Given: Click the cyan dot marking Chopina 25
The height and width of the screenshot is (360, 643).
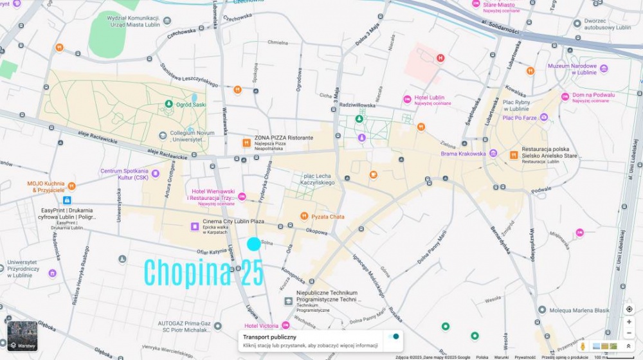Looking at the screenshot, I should [x=254, y=244].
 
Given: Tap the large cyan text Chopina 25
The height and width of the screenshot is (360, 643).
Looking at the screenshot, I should [x=203, y=273].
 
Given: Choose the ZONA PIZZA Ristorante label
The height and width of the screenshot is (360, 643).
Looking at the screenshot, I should [x=284, y=138].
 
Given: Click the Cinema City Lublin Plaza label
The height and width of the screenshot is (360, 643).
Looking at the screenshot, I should [x=233, y=222].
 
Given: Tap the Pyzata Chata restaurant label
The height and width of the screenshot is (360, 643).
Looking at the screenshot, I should [x=327, y=217].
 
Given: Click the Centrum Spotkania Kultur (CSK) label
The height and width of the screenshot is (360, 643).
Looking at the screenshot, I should [x=124, y=174].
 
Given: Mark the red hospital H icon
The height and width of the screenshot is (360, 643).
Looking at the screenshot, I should [x=440, y=59].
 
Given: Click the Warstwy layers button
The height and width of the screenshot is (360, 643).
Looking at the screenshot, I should [x=22, y=336].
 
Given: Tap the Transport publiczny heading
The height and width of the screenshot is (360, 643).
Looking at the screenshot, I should [x=269, y=337].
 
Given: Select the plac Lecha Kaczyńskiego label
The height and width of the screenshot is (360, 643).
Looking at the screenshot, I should [x=317, y=179].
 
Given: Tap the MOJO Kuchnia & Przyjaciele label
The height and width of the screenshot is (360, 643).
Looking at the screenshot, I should [x=46, y=186].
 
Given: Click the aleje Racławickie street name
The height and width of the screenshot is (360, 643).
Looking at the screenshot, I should [x=165, y=152].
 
